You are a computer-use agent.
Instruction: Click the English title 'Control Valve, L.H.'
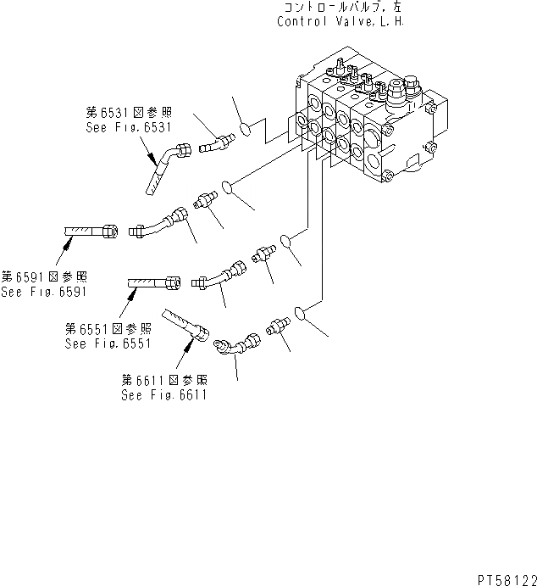[340, 21]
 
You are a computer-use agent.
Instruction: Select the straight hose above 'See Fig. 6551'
[153, 282]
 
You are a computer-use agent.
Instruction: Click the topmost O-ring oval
[243, 130]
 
